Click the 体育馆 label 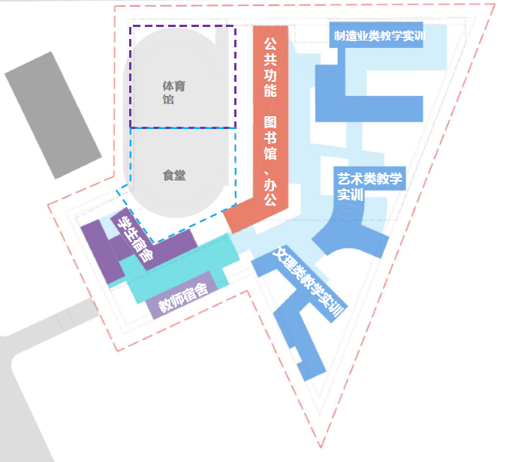pyautogui.click(x=173, y=92)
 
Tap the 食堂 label pyautogui.click(x=173, y=176)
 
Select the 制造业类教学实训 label pyautogui.click(x=379, y=35)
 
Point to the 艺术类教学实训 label pyautogui.click(x=369, y=186)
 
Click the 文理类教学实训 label pyautogui.click(x=309, y=282)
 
